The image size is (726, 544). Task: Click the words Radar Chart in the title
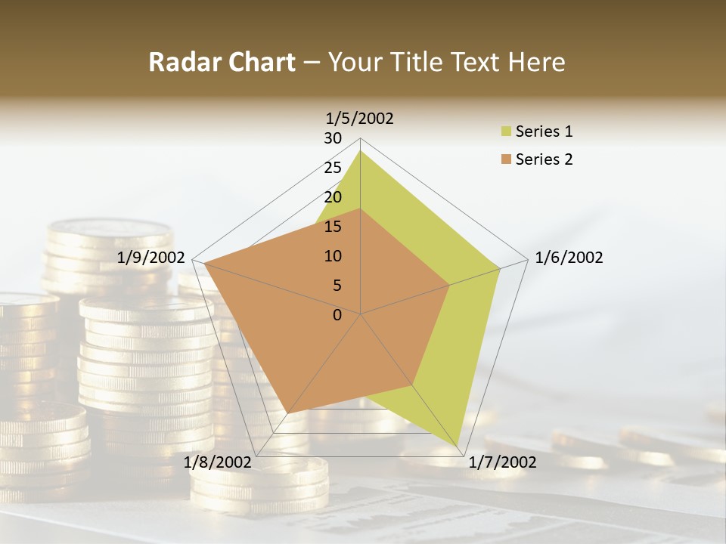222,62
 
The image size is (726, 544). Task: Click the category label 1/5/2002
360,119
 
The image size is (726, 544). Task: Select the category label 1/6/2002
569,258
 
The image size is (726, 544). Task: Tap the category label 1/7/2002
502,462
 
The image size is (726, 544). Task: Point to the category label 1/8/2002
217,462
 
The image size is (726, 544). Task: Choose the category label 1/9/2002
151,258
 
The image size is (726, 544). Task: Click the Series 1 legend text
544,131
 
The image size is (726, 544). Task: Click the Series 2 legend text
544,159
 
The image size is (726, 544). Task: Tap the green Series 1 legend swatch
505,132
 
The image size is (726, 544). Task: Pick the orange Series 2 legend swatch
505,160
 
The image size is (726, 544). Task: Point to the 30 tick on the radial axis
333,138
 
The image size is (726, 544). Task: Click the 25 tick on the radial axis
333,168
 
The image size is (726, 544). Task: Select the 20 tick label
333,197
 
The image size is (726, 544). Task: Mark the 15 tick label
333,227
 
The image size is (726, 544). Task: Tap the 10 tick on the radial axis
333,256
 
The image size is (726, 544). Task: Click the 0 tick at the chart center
337,315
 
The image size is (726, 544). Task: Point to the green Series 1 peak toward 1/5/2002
361,151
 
